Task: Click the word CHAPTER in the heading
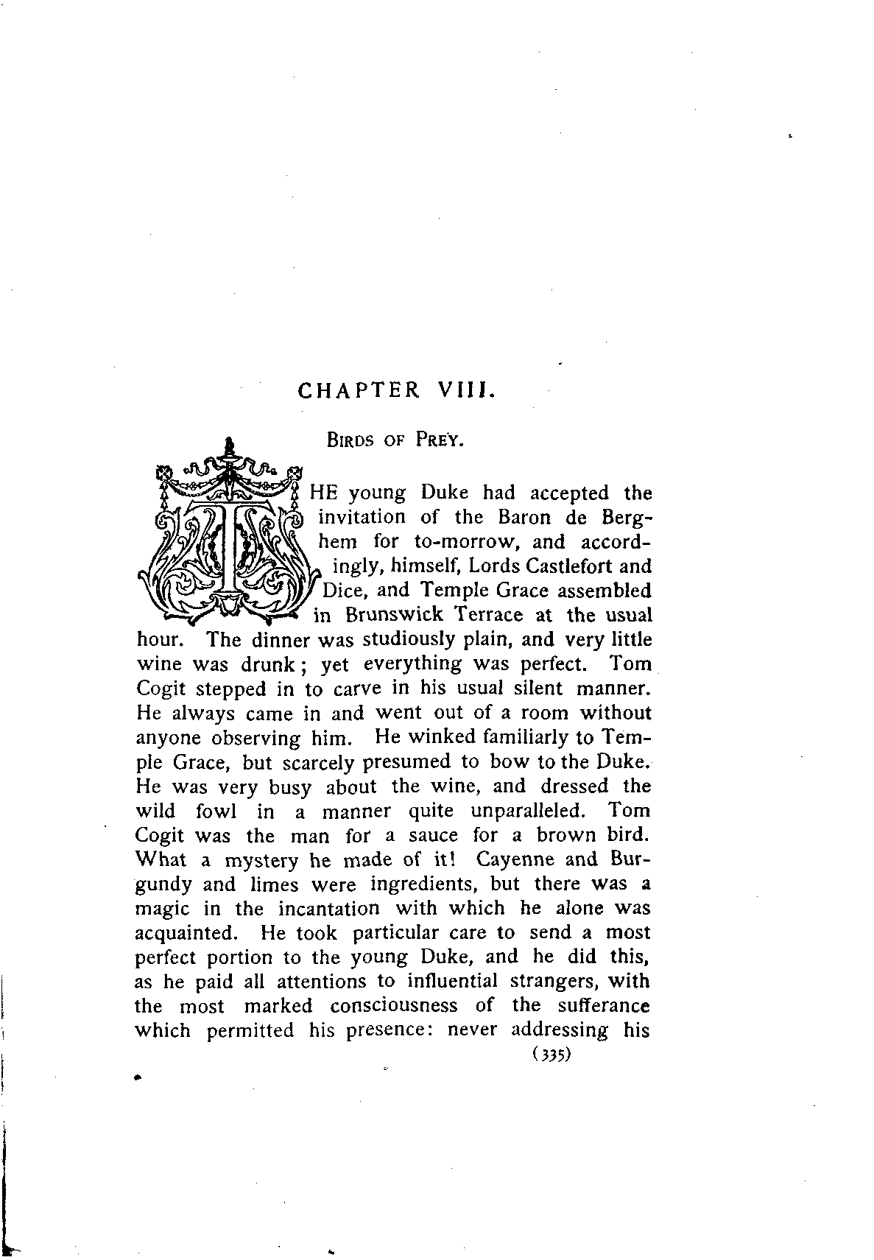pos(359,390)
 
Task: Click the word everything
pos(414,664)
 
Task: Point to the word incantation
pos(328,908)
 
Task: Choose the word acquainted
pos(187,933)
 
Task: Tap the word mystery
pos(261,861)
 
